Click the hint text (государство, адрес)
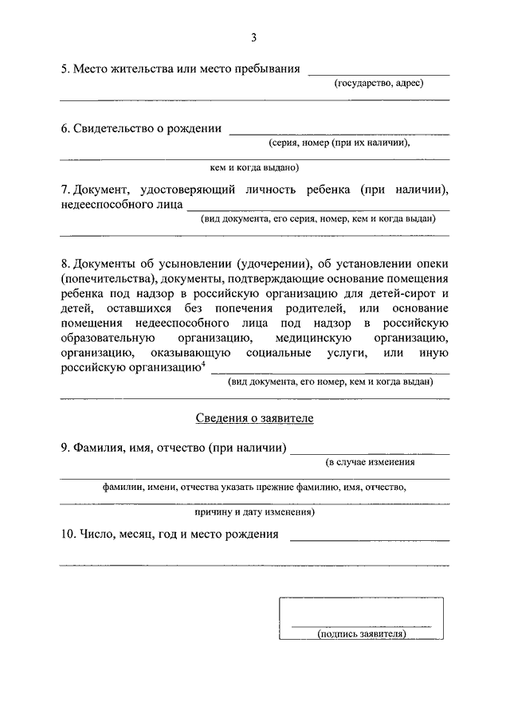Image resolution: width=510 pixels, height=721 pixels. tap(379, 83)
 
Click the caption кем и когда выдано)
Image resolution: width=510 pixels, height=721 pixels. tap(254, 168)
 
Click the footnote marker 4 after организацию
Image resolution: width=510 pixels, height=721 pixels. tap(204, 365)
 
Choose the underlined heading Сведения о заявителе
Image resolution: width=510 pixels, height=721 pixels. tap(254, 418)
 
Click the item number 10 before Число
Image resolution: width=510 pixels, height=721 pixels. tap(68, 534)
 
